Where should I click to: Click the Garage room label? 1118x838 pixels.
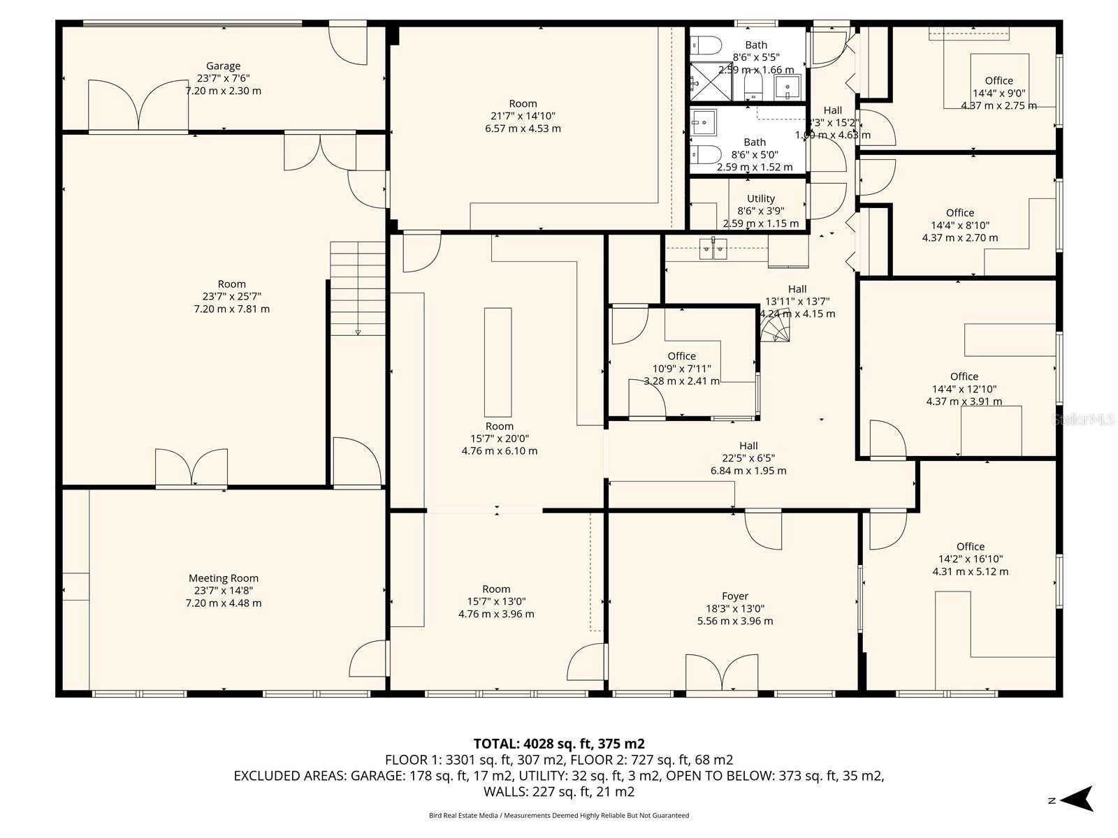(x=223, y=66)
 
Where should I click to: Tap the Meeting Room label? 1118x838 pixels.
(x=223, y=578)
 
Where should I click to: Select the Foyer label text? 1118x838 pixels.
(x=734, y=596)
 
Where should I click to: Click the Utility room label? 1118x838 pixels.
(x=760, y=198)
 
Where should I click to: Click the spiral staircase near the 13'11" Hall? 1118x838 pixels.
(x=776, y=327)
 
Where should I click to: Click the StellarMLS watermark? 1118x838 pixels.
(x=1084, y=420)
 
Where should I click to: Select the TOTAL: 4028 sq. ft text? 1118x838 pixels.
(x=558, y=743)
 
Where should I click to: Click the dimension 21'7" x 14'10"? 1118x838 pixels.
(x=523, y=116)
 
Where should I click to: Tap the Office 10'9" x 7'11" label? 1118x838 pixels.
(x=681, y=356)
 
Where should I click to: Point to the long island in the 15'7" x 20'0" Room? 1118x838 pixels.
(x=498, y=362)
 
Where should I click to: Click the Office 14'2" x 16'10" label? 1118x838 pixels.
(x=970, y=547)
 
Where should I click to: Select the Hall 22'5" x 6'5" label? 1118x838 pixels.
(x=748, y=446)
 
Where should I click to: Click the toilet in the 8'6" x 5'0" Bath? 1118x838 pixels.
(x=706, y=153)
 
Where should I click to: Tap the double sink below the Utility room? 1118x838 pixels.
(x=713, y=248)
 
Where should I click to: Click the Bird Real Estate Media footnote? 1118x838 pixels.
(x=558, y=815)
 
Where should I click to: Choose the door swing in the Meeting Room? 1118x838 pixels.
(x=369, y=658)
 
